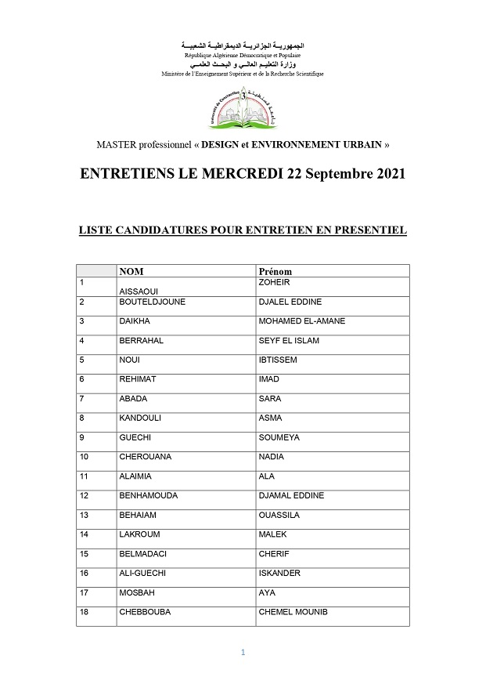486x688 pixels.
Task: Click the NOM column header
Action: point(131,271)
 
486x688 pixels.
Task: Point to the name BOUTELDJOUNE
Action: point(152,302)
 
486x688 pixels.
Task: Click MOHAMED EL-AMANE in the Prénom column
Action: point(301,321)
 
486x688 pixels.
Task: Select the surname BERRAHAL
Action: point(141,341)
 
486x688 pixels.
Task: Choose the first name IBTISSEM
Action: point(278,360)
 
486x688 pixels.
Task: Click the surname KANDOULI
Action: point(142,418)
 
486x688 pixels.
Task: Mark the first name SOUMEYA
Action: point(279,437)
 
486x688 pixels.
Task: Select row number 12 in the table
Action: point(85,495)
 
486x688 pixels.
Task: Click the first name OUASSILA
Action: point(279,515)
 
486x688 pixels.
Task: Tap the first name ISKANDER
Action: point(279,573)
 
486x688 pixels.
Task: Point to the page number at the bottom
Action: point(243,652)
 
